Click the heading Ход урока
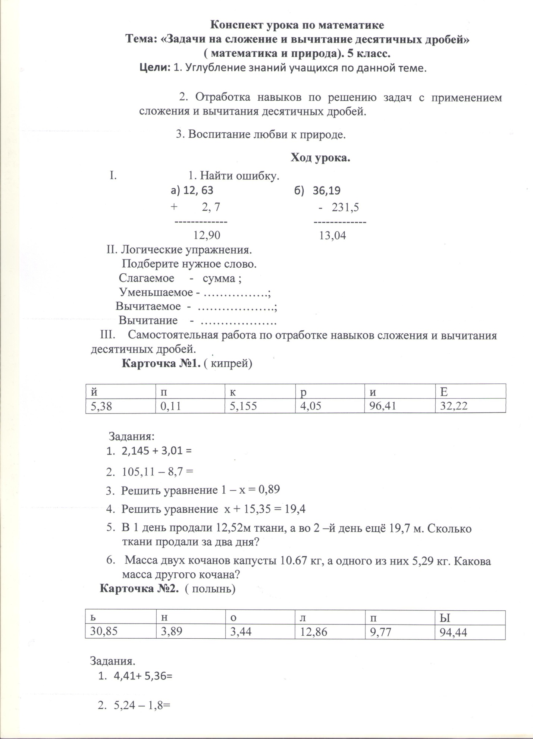[320, 158]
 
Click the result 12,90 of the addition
[207, 235]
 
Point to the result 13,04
[333, 236]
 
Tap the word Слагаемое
[147, 278]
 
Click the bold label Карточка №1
[162, 363]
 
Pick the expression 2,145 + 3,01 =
[156, 451]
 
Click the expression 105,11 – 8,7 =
[157, 472]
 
